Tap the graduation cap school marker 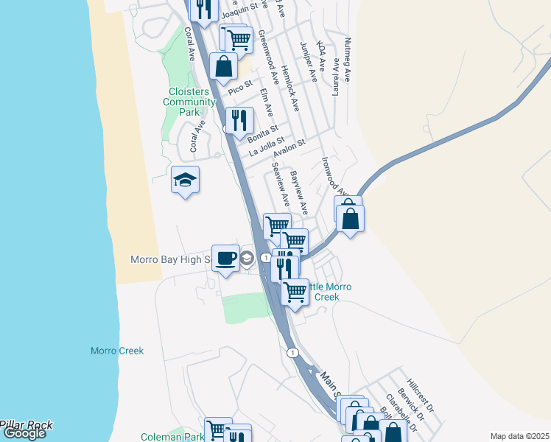click(x=185, y=180)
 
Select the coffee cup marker click(x=225, y=259)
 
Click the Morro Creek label click(x=117, y=351)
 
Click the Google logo click(x=24, y=433)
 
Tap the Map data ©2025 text click(x=519, y=435)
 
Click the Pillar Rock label click(x=27, y=424)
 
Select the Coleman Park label click(x=175, y=437)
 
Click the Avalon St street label click(x=289, y=150)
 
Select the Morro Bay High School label click(x=170, y=259)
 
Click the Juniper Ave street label click(x=309, y=61)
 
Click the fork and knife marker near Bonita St click(x=239, y=121)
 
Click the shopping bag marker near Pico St click(x=222, y=67)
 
